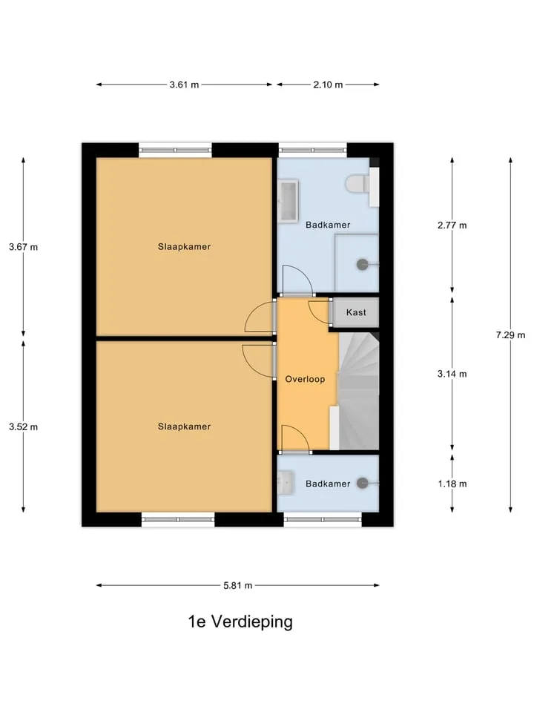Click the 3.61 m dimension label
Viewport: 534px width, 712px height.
[184, 85]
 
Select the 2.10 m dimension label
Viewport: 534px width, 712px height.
[328, 85]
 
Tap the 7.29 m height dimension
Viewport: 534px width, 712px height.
[510, 335]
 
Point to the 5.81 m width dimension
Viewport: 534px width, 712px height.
[237, 585]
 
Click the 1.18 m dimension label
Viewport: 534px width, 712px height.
[452, 484]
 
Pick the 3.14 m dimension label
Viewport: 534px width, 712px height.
[452, 374]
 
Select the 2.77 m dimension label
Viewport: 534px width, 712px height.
[452, 225]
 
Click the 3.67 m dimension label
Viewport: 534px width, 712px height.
[23, 247]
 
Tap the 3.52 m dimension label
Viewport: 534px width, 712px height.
[23, 427]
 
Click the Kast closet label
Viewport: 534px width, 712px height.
[356, 312]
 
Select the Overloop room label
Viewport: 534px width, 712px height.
[305, 379]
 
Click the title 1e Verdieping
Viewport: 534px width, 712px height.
[240, 622]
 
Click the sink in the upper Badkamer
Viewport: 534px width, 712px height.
[289, 201]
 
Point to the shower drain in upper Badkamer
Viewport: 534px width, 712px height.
[363, 264]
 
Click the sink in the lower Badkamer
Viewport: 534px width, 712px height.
[285, 482]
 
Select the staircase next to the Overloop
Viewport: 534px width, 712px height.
[359, 391]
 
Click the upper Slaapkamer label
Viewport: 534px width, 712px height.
[185, 246]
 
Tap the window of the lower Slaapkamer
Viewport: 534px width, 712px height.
[177, 519]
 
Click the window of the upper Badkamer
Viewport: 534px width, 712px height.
[312, 151]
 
